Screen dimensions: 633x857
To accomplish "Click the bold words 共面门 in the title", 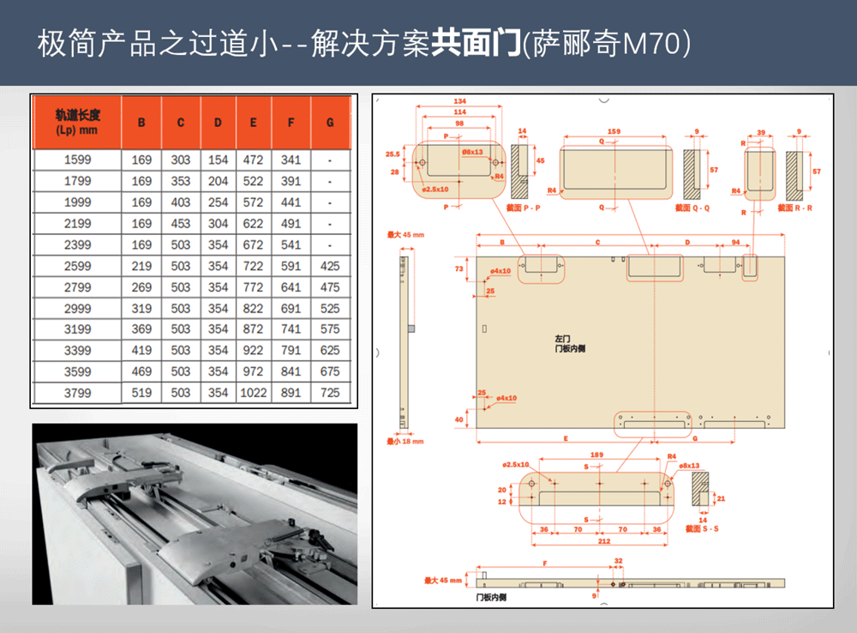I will pos(476,43).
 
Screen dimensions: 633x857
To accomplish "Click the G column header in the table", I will pos(330,123).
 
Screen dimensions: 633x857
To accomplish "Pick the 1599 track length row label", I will pos(77,160).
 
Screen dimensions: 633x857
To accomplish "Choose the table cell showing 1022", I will pos(254,393).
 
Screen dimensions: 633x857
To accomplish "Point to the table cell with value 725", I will pos(330,393).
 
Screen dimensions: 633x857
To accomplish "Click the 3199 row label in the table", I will pos(77,329).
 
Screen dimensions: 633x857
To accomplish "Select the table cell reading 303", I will pos(181,160).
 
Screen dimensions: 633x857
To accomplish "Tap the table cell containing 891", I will pos(291,393).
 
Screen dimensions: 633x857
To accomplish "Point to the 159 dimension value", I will pos(614,131).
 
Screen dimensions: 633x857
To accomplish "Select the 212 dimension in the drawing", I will pos(606,540).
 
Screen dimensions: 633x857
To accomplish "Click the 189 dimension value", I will pos(596,455).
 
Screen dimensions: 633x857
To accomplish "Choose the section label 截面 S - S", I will pos(702,529).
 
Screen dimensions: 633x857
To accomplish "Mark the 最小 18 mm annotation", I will pos(405,442).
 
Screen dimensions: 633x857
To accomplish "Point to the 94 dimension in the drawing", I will pos(736,243).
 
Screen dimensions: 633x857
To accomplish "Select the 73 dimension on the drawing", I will pos(459,269).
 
